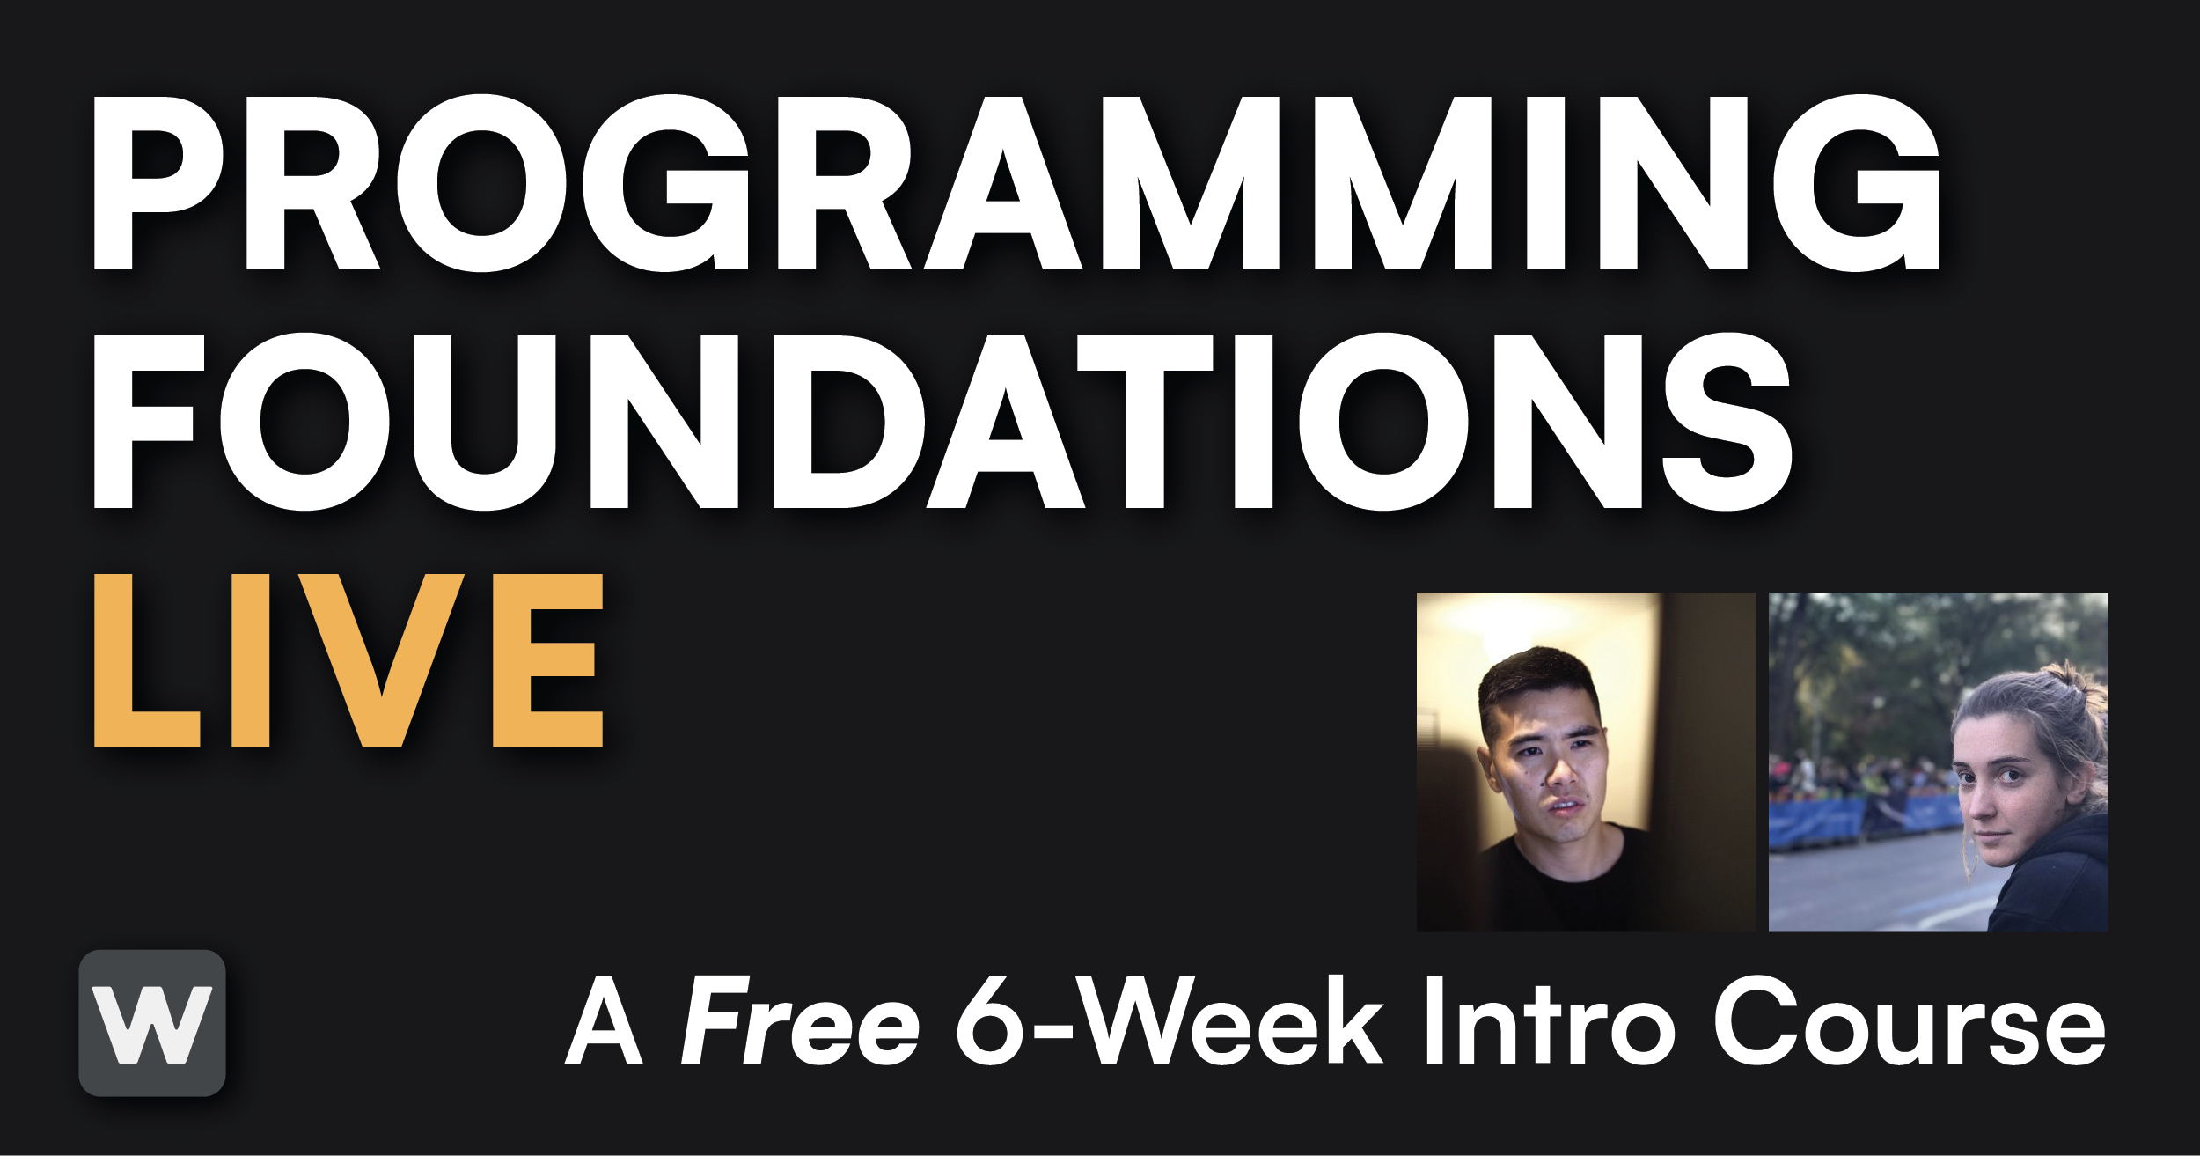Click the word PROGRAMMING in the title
[x=1016, y=183]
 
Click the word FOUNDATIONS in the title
[x=942, y=422]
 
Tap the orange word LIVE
[x=348, y=661]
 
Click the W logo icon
[x=152, y=1023]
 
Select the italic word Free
[x=800, y=1021]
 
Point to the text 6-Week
[x=1170, y=1021]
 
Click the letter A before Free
[x=604, y=1021]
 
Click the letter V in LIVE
[x=382, y=661]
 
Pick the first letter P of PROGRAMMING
[x=158, y=183]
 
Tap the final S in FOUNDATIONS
[x=1727, y=422]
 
